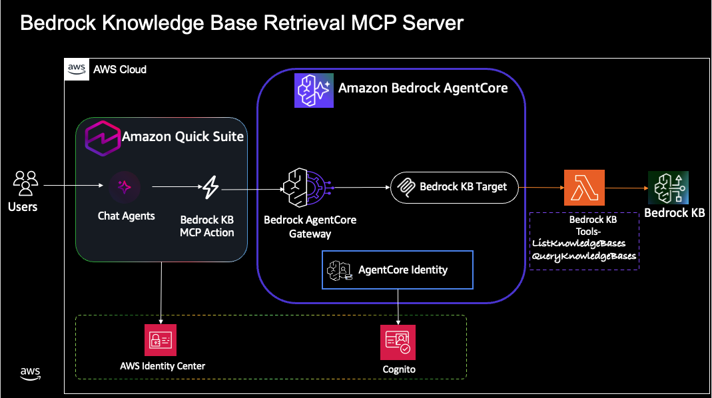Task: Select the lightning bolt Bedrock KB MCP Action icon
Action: pos(210,188)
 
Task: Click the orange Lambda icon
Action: pos(583,187)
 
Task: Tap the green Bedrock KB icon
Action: pos(668,187)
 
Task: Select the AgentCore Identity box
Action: pos(398,270)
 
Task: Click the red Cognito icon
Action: pos(398,341)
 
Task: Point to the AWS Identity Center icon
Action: pos(162,341)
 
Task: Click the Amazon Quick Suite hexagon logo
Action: pos(101,138)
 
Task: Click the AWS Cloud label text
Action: pos(120,69)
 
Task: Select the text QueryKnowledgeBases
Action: pos(584,256)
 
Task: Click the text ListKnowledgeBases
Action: pos(578,244)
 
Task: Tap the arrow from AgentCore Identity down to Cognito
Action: pos(398,306)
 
